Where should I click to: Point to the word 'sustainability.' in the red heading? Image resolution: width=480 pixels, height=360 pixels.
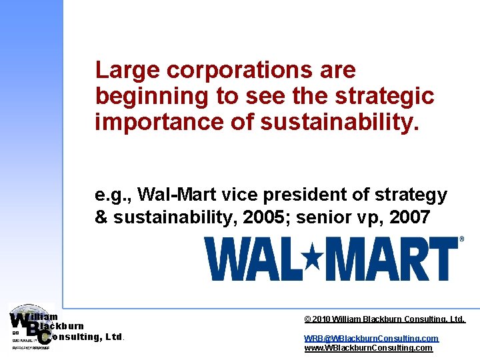click(342, 123)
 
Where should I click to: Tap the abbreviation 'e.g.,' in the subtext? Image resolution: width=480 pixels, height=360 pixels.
click(114, 195)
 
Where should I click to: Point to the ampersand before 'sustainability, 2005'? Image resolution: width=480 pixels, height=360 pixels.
click(101, 217)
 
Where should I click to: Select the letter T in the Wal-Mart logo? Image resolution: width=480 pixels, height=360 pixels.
click(441, 259)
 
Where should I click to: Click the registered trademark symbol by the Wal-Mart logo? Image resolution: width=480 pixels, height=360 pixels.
click(462, 239)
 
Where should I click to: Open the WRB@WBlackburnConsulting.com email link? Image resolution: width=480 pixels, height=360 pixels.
click(371, 338)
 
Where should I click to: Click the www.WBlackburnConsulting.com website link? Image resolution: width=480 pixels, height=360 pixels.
click(368, 348)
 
